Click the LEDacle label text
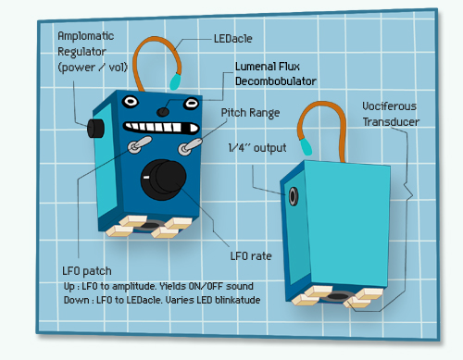click(x=233, y=39)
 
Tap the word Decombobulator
click(x=276, y=81)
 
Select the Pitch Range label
click(x=250, y=113)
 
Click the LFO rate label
click(x=251, y=255)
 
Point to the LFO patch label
click(x=87, y=271)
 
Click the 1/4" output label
click(x=257, y=148)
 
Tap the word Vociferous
click(x=389, y=106)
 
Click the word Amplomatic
click(x=86, y=36)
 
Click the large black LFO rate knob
click(x=163, y=180)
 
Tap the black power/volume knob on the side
click(x=95, y=128)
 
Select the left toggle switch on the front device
click(x=140, y=144)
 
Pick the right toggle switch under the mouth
click(x=190, y=147)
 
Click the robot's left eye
click(x=130, y=101)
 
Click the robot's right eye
click(x=191, y=103)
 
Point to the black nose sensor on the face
click(x=163, y=112)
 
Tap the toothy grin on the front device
click(x=161, y=127)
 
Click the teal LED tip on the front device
click(x=175, y=81)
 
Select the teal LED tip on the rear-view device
click(x=306, y=146)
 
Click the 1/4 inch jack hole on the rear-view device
click(x=294, y=196)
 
